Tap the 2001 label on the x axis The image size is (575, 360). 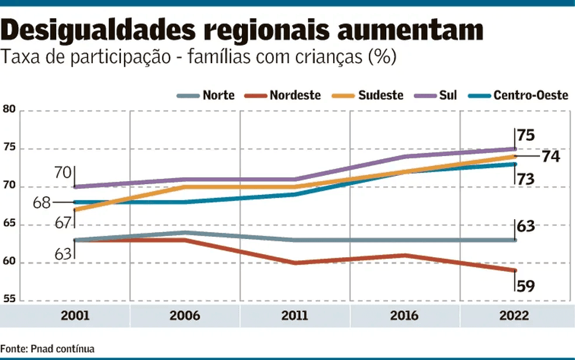[x=75, y=316]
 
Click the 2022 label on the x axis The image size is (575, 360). [x=514, y=316]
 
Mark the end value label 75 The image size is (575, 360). [x=526, y=135]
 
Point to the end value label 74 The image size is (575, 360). [x=550, y=157]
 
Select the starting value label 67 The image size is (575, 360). [x=63, y=223]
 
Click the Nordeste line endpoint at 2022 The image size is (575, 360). [x=514, y=271]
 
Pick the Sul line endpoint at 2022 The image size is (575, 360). [x=514, y=148]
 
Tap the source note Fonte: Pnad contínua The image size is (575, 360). [x=47, y=349]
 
